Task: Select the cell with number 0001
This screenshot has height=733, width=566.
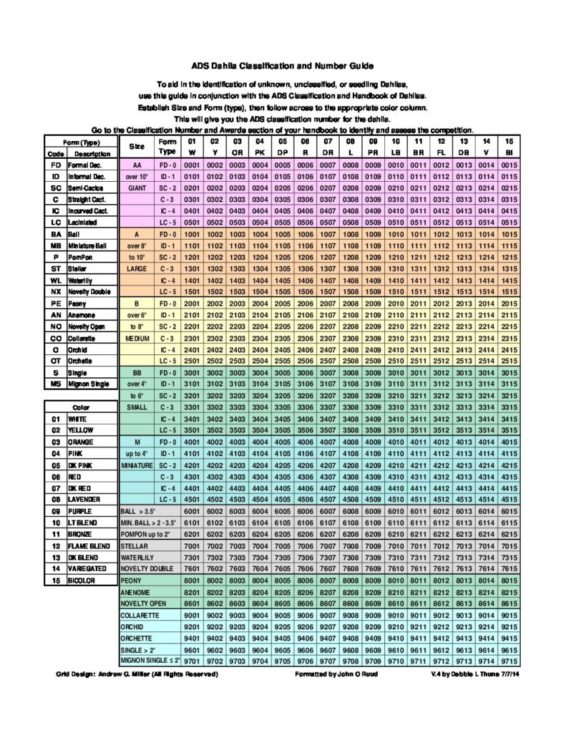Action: [x=191, y=165]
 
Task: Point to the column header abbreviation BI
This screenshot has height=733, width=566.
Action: [x=509, y=152]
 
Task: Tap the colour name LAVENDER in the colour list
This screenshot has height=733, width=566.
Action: [x=84, y=498]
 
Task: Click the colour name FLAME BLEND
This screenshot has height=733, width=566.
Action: [x=89, y=545]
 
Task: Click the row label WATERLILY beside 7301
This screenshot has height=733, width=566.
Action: [x=138, y=557]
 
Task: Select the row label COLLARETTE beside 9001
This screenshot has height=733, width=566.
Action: [x=140, y=614]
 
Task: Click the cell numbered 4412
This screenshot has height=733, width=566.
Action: [x=441, y=488]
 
